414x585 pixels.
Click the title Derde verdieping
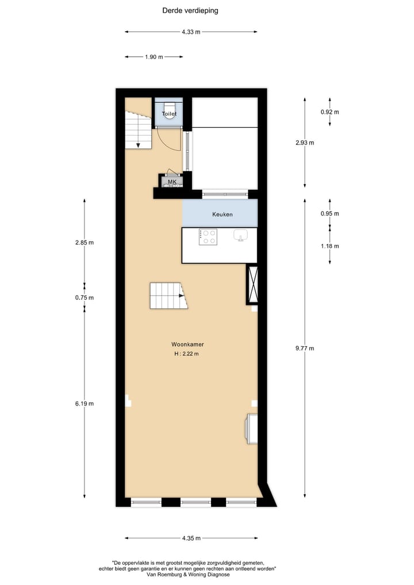[x=190, y=10]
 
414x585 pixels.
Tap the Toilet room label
[x=169, y=114]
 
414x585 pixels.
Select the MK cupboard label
[x=172, y=182]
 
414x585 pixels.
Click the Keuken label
[x=222, y=214]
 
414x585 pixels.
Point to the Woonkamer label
[x=187, y=344]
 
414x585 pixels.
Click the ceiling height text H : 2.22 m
[x=186, y=354]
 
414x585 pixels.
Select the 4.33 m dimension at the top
[x=191, y=32]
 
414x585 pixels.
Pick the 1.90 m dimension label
[x=154, y=57]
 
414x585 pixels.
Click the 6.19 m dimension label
[x=84, y=404]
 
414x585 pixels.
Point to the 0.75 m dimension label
[x=84, y=297]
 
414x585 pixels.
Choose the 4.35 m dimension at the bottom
[x=191, y=538]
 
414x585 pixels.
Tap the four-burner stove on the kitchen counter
[x=208, y=237]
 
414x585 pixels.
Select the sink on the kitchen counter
[x=241, y=235]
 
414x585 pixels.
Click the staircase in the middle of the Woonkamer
[x=167, y=296]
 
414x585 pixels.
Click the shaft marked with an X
[x=252, y=284]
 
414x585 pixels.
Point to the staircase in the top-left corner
[x=137, y=129]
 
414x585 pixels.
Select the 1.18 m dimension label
[x=330, y=246]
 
